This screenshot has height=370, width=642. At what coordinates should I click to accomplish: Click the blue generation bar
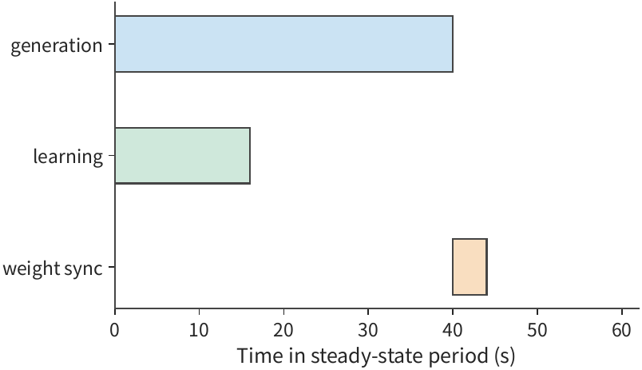[283, 44]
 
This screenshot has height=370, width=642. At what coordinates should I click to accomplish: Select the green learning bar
[183, 155]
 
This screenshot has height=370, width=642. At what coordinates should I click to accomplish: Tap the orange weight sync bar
[470, 267]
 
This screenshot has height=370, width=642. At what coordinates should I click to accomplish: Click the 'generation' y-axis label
[57, 46]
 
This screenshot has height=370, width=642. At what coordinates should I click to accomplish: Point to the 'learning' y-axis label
[68, 157]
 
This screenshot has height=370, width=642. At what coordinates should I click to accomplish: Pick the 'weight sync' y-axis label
[53, 269]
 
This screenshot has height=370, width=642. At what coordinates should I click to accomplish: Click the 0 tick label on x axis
[115, 330]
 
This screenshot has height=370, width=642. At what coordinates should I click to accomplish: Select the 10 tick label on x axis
[199, 330]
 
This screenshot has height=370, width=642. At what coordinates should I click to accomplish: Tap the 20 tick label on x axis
[283, 330]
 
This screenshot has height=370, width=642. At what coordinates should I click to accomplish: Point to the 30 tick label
[368, 330]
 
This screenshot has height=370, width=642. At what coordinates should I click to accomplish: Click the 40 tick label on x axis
[453, 330]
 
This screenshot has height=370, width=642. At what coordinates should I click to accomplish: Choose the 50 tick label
[537, 330]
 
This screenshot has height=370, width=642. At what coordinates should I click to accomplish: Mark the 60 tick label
[621, 330]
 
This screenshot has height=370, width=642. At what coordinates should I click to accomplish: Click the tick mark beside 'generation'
[112, 44]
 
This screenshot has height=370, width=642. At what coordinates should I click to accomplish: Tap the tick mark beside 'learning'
[112, 155]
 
